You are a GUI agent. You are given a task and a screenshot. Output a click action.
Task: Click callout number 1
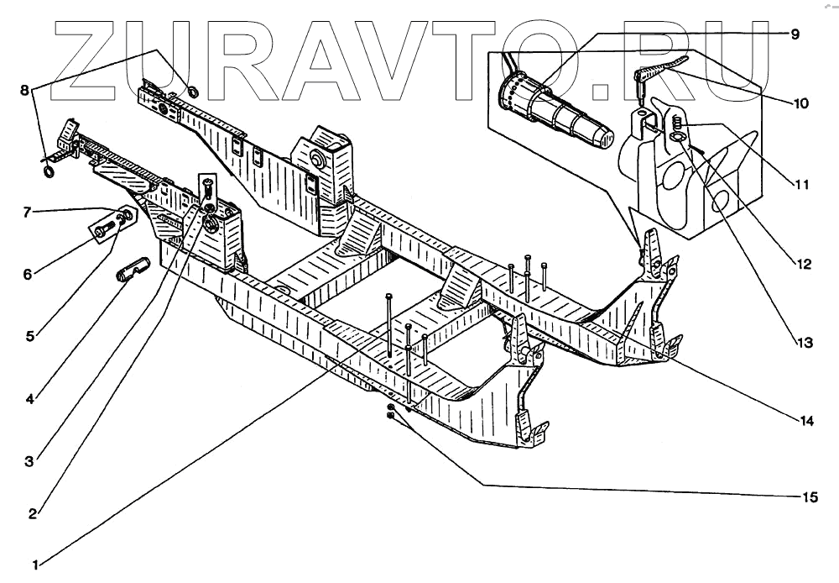(x=35, y=565)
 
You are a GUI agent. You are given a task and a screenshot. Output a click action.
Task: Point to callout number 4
(x=29, y=399)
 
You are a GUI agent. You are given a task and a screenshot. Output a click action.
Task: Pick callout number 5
(x=29, y=337)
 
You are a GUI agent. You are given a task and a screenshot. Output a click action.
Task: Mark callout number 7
(x=29, y=213)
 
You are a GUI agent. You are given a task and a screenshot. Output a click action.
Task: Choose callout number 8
(x=24, y=88)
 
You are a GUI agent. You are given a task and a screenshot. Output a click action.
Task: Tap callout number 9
(x=795, y=34)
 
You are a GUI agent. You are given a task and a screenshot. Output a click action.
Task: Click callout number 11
(x=802, y=182)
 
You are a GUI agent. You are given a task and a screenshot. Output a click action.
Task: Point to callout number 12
(x=803, y=264)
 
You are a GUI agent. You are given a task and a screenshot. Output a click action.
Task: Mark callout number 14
(x=806, y=421)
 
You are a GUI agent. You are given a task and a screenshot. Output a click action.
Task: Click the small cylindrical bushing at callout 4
(x=132, y=270)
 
